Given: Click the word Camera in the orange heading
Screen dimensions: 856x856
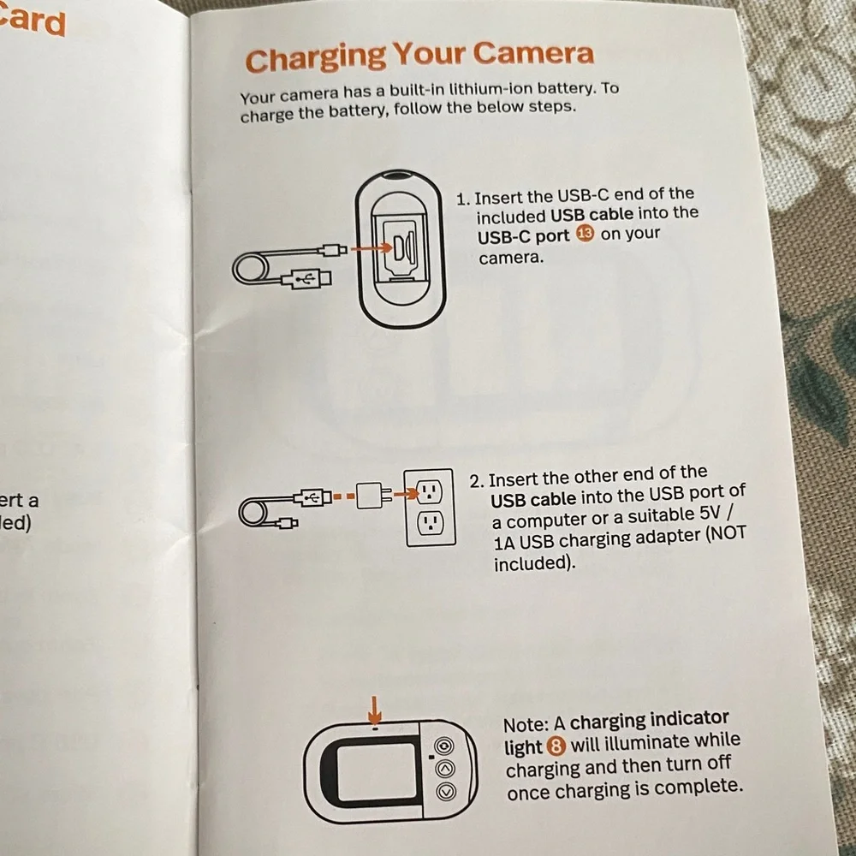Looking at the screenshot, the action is (533, 53).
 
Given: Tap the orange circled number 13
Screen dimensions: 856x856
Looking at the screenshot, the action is (584, 235).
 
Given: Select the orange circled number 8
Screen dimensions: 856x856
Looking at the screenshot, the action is (556, 746).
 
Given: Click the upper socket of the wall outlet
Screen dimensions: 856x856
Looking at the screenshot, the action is (430, 491).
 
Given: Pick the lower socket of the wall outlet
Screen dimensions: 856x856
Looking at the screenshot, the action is (431, 524).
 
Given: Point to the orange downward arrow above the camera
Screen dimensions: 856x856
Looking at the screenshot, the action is (375, 710).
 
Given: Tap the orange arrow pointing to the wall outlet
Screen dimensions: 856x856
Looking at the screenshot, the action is (405, 495).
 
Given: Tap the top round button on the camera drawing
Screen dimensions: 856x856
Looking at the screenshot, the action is (444, 746).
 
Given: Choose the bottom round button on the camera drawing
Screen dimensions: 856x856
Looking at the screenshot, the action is (446, 790).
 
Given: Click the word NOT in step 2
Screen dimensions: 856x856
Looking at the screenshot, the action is (727, 533).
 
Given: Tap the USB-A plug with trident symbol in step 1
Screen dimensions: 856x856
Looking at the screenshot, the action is (306, 280).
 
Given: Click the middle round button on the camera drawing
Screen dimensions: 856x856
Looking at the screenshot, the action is (445, 769).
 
